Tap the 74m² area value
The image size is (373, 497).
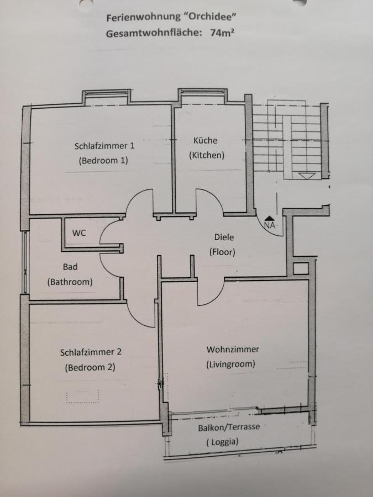[x=223, y=33]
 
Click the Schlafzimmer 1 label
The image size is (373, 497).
[x=104, y=146]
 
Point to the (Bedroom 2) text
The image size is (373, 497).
[x=90, y=367]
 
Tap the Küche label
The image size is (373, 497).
[x=206, y=140]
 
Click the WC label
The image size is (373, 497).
[x=79, y=233]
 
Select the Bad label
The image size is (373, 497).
[x=70, y=267]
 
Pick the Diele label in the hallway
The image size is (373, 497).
[x=224, y=237]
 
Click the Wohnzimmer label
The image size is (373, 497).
[x=233, y=350]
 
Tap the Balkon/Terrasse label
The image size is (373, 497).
[x=229, y=427]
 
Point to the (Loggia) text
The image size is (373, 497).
[x=222, y=442]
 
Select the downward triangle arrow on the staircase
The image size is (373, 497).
[x=307, y=176]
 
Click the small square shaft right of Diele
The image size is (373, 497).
[x=301, y=269]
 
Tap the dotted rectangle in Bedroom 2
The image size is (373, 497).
[x=83, y=396]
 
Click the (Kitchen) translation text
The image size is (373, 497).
[x=207, y=155]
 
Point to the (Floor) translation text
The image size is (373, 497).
[x=222, y=252]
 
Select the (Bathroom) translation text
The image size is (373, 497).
[x=70, y=282]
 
